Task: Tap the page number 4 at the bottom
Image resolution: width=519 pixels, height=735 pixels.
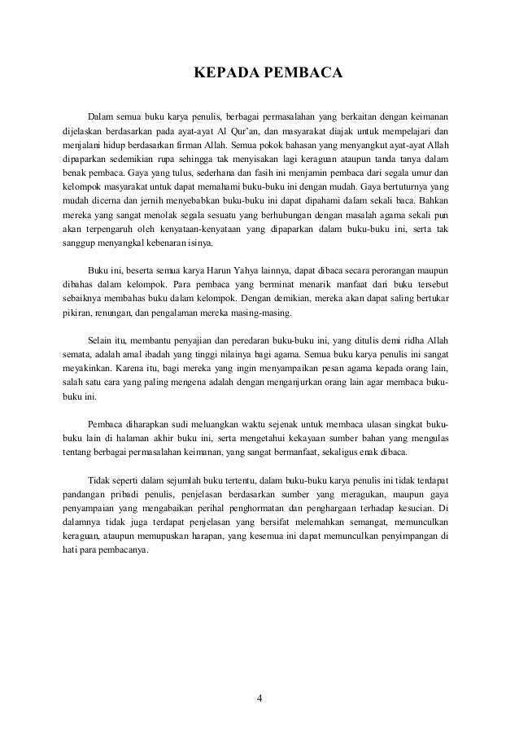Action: coord(259,698)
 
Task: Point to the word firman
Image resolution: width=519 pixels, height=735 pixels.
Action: coord(173,145)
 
